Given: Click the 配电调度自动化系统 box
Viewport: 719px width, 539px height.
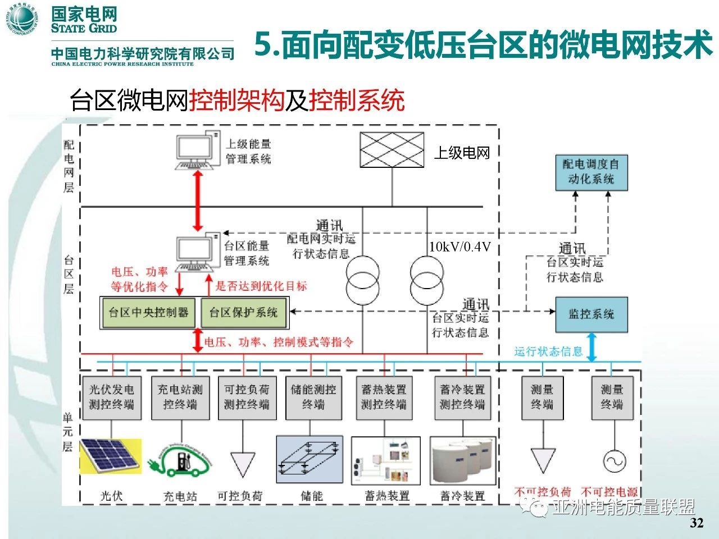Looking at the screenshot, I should click(591, 172).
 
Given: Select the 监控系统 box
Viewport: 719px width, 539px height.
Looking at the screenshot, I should click(591, 314).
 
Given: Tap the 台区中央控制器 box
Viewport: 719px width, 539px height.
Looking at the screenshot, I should click(149, 313).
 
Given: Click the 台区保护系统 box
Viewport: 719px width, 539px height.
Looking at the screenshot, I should click(244, 313).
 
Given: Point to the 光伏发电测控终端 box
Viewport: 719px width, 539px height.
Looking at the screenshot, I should click(111, 397).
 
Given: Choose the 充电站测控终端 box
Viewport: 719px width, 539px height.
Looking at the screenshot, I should click(180, 397).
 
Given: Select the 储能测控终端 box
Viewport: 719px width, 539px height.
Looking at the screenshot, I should click(313, 397).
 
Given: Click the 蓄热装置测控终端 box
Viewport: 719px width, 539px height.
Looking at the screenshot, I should click(384, 397).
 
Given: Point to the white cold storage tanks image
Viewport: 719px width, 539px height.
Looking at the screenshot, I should click(463, 460).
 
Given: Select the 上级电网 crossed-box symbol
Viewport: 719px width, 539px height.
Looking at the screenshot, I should click(392, 150).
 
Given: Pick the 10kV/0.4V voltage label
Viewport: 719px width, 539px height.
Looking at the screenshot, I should click(460, 246).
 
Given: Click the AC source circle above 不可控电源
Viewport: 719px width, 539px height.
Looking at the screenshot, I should click(614, 461).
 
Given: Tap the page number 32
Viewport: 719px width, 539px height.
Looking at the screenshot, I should click(696, 523).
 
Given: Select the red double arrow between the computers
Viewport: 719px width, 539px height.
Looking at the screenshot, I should click(197, 200).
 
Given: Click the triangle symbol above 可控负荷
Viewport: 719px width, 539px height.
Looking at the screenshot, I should click(243, 464).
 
